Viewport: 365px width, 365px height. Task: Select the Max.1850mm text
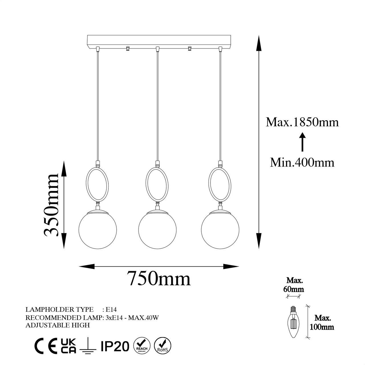[302, 122]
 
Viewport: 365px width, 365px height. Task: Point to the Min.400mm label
[302, 162]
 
